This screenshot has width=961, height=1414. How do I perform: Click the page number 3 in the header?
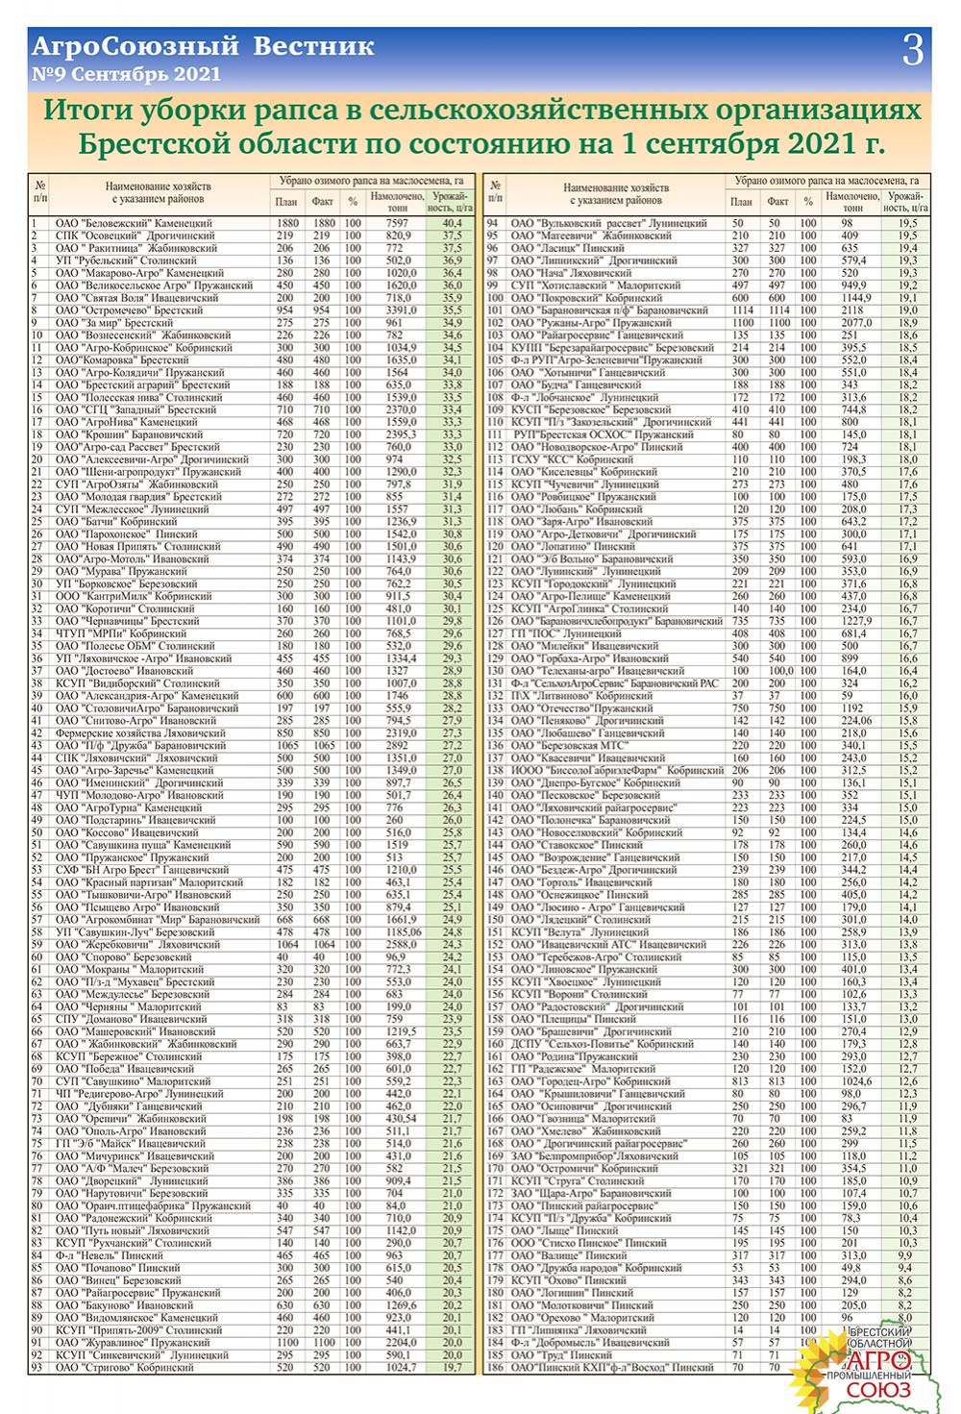(912, 50)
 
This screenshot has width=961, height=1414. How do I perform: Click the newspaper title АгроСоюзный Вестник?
(203, 46)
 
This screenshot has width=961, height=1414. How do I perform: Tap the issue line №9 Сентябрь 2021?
(126, 74)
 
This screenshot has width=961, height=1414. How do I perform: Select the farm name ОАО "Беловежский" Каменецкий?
(134, 223)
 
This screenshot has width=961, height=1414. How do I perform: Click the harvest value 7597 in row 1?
(397, 223)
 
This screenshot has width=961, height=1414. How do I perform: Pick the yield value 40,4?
(452, 223)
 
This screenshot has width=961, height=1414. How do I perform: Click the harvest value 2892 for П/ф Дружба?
(397, 745)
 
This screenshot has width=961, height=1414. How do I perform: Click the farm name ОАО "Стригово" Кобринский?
(127, 1367)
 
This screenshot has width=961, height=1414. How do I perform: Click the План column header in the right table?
(741, 202)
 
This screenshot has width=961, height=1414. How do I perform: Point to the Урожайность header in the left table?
(451, 201)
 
